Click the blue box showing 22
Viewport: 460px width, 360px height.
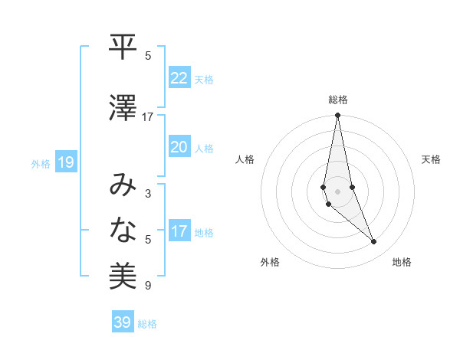[179, 78]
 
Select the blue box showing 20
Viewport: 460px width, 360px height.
[179, 148]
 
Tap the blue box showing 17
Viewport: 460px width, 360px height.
[179, 232]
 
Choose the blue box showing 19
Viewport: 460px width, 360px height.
[66, 162]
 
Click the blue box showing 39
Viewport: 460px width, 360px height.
[123, 322]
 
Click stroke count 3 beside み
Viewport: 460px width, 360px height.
[147, 194]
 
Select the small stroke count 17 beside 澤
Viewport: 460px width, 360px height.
[147, 117]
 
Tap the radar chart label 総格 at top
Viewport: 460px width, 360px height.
[338, 100]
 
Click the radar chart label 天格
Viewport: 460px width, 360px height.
[431, 159]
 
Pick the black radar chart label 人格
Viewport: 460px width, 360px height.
[245, 159]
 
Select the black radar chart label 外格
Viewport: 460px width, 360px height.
[270, 262]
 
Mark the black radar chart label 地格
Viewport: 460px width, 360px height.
[402, 262]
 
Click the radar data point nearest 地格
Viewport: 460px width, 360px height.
[373, 242]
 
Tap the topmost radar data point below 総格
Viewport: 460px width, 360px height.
[337, 116]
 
